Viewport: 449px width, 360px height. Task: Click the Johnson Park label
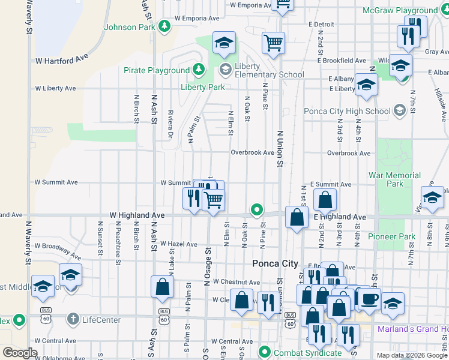click(x=129, y=27)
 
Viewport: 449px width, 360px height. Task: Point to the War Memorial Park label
click(x=394, y=179)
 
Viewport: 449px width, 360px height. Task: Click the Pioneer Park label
click(x=391, y=236)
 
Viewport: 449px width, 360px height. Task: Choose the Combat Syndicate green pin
click(x=263, y=352)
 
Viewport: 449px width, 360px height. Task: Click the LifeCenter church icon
click(x=73, y=320)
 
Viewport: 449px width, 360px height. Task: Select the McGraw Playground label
click(x=400, y=10)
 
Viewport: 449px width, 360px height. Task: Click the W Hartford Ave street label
click(x=62, y=61)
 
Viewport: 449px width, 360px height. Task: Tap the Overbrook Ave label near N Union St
click(x=253, y=152)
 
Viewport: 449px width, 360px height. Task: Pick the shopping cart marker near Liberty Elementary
click(x=273, y=43)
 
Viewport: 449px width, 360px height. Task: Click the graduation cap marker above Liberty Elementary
click(x=224, y=43)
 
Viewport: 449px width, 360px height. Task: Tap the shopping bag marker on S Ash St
click(x=162, y=287)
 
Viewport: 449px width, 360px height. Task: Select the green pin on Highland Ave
click(x=257, y=210)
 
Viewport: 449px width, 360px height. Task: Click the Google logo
click(x=20, y=353)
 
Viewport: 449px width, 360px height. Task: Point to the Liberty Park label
click(x=202, y=87)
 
